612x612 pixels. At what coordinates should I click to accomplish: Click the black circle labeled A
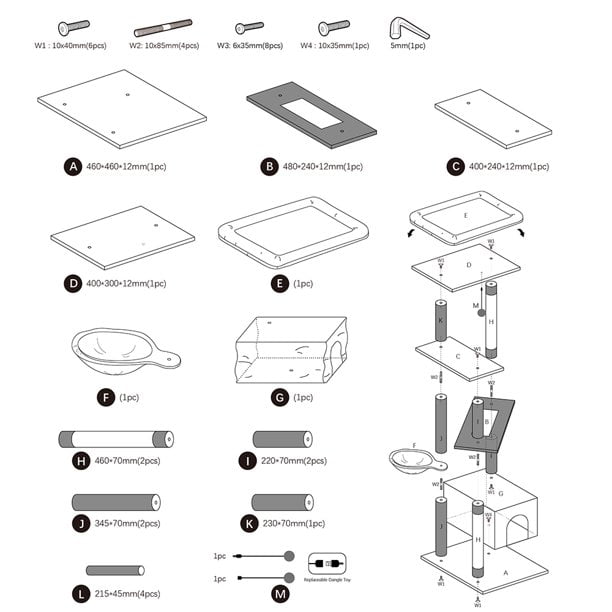(72, 167)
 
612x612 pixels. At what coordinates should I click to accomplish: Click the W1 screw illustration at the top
(74, 26)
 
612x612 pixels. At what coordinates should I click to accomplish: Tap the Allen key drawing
(407, 28)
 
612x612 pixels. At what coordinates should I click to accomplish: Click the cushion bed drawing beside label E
(286, 233)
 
